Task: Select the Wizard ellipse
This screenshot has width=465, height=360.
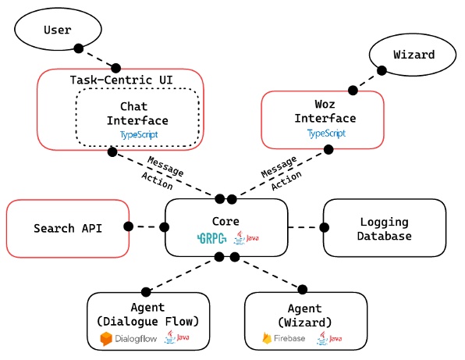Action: tap(414, 55)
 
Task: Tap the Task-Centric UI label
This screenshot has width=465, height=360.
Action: tap(121, 80)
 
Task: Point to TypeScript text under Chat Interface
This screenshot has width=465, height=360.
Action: tap(137, 134)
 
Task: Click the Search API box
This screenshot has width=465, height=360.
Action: tap(66, 229)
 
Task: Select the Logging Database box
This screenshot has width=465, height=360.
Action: tap(385, 229)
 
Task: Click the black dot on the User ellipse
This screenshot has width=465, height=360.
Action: tap(78, 48)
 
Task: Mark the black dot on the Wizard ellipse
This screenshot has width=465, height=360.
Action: tap(382, 70)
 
